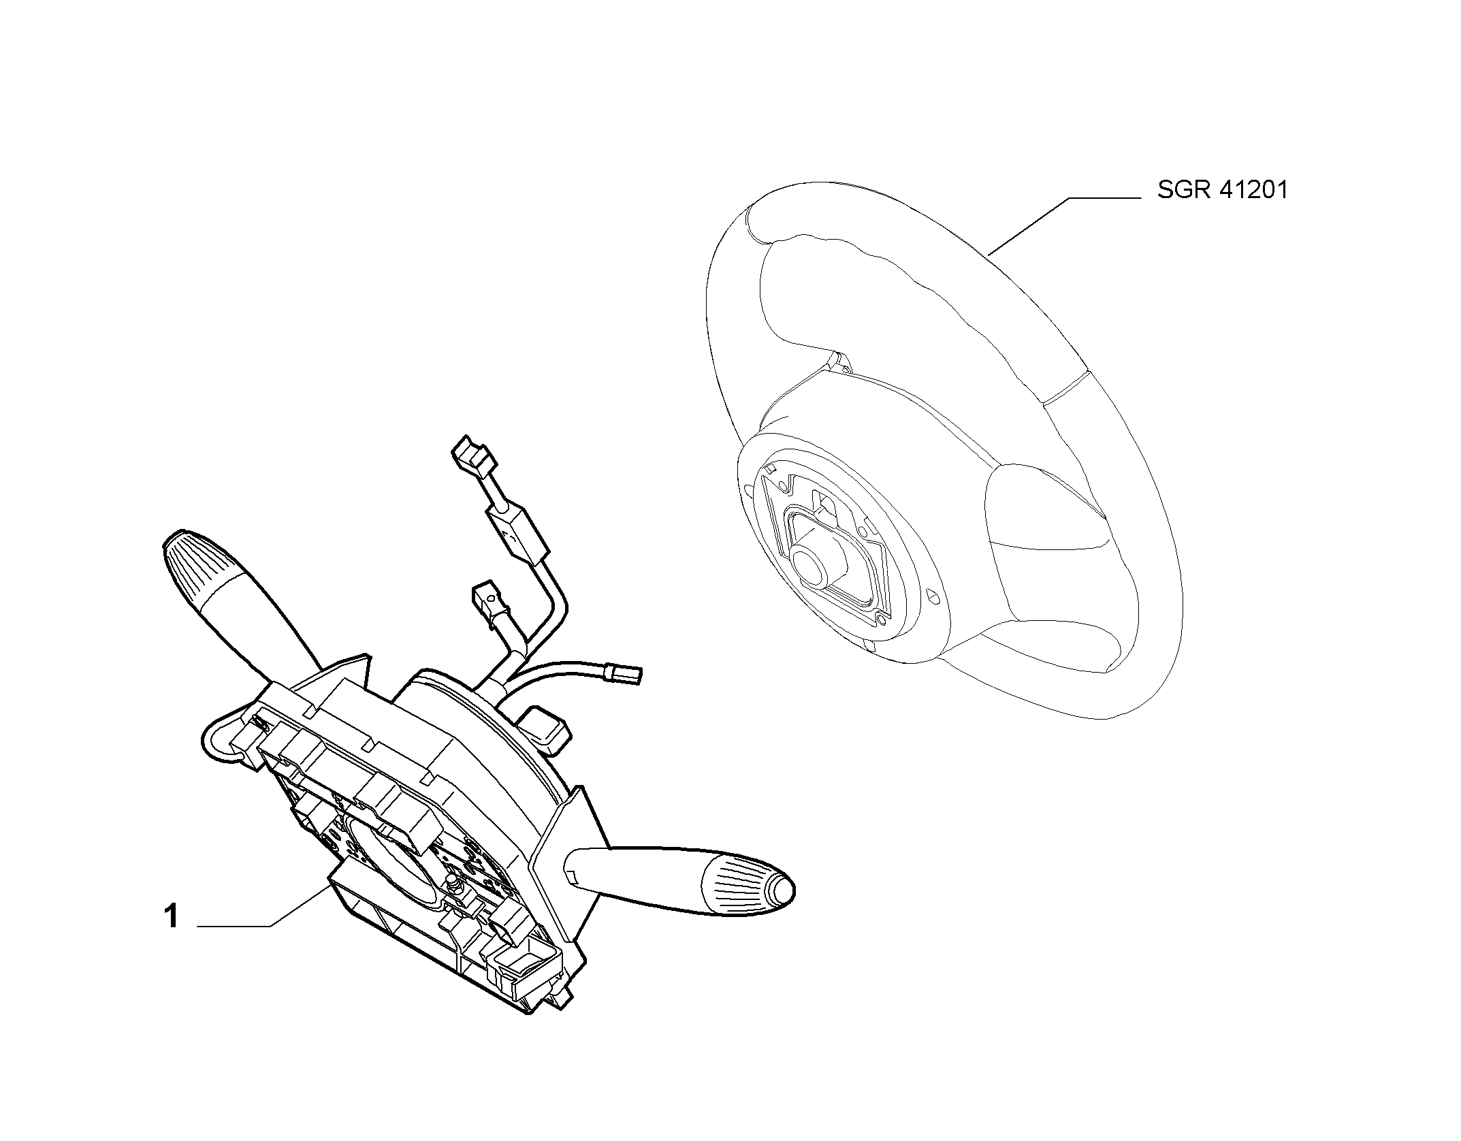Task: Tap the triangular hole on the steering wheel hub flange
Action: tap(935, 597)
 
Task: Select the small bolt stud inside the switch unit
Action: tap(451, 885)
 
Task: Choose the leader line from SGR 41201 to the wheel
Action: tap(1063, 226)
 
